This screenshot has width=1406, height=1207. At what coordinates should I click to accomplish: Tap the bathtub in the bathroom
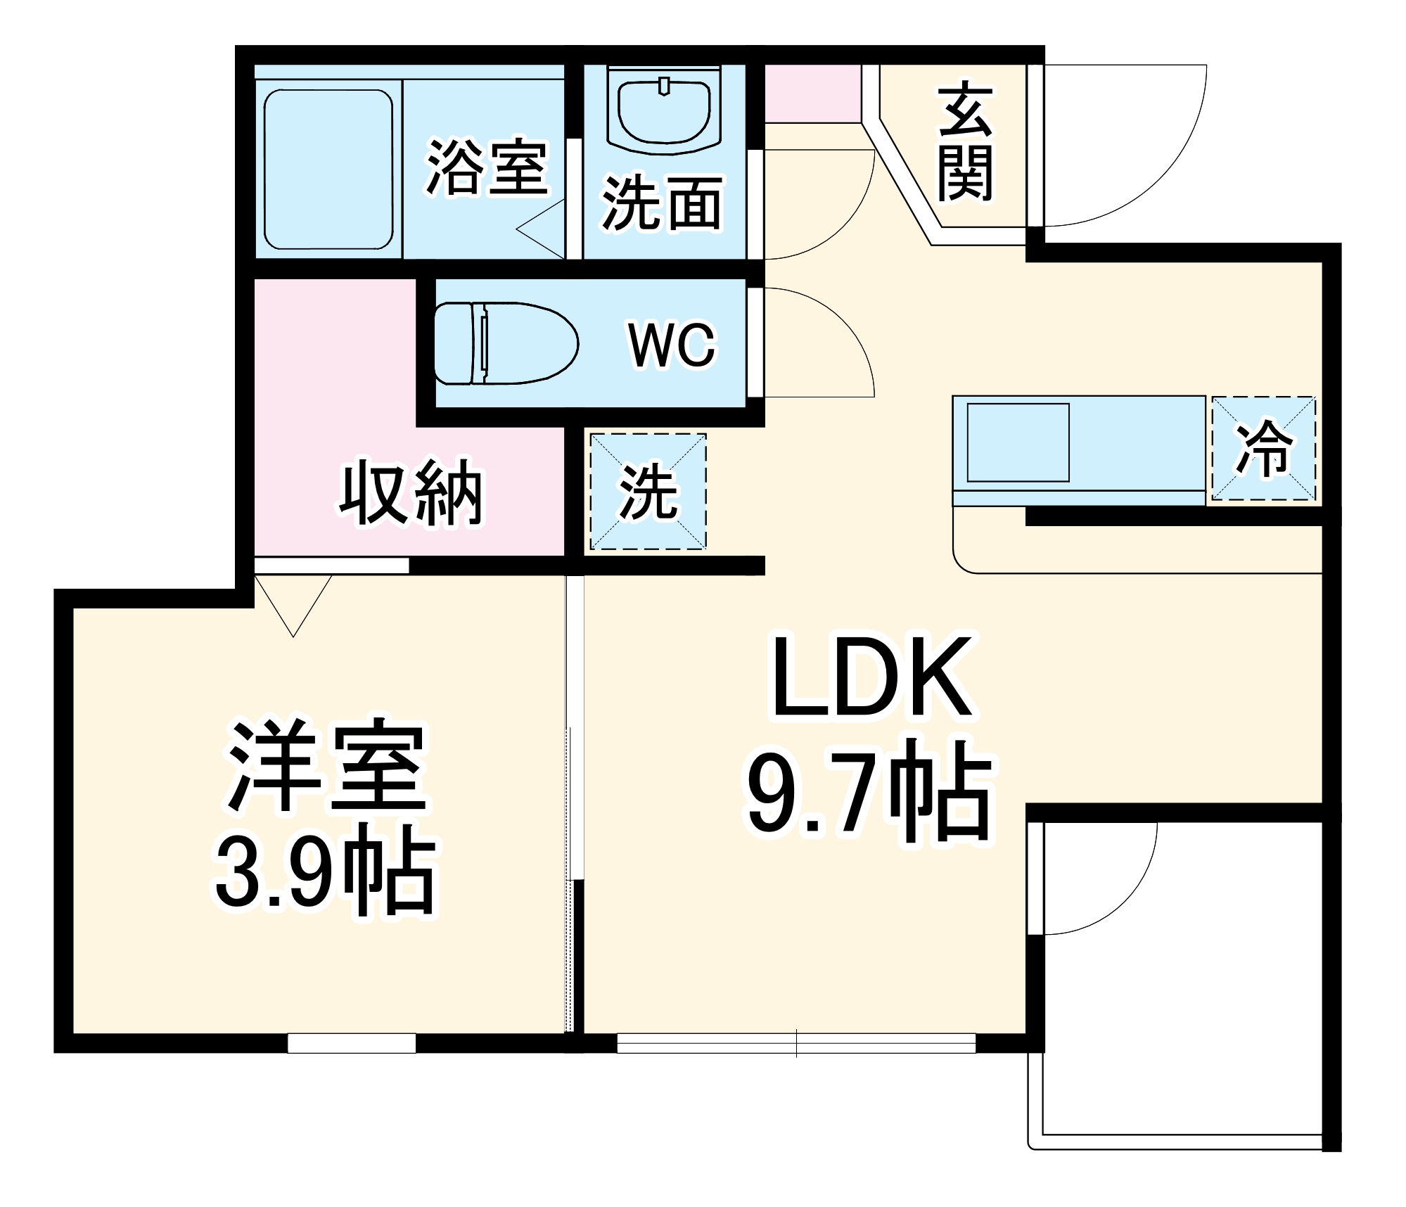click(328, 169)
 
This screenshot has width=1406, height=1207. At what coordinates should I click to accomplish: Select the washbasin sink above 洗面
click(664, 113)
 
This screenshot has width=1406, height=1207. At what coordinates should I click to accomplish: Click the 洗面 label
click(661, 204)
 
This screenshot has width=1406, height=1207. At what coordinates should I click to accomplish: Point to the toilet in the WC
click(505, 343)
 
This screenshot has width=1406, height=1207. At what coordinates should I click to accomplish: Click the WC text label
click(672, 345)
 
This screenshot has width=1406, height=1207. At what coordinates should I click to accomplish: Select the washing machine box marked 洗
click(648, 491)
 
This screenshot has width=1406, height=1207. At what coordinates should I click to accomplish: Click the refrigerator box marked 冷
click(1263, 449)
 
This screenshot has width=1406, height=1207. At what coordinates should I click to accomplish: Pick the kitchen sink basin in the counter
click(1018, 442)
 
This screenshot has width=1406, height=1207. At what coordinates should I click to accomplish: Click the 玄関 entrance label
click(965, 144)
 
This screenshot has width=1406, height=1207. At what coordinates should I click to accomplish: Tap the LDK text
click(872, 677)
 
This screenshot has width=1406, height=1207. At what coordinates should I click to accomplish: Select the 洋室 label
click(327, 765)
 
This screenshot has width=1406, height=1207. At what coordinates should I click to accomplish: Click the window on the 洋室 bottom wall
click(351, 1043)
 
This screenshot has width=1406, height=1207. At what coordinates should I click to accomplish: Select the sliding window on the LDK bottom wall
click(796, 1043)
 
